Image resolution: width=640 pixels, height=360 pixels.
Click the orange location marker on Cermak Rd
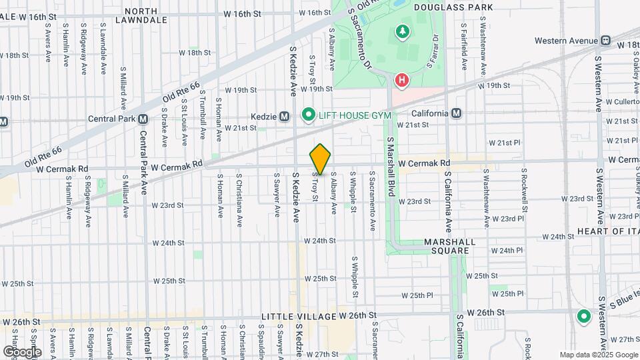320,159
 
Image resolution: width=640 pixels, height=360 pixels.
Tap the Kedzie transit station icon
284,116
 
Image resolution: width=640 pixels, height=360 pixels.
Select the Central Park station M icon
143,119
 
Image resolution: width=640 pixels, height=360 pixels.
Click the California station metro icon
457,113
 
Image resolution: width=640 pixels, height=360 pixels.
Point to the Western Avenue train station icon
605,41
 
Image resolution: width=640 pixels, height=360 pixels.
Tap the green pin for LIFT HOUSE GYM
308,115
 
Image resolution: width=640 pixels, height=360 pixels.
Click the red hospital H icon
401,81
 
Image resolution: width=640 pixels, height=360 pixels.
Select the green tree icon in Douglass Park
402,31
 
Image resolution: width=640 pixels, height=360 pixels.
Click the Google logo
22,351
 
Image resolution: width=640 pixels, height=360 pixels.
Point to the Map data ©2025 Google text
599,355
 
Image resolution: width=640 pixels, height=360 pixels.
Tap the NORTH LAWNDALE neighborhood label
137,15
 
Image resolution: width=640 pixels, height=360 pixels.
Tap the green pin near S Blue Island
584,317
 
